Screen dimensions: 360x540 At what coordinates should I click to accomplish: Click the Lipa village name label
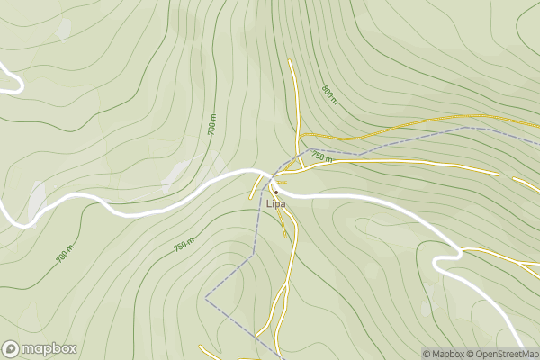coord(275,204)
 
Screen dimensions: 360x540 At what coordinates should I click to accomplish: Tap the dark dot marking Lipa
coord(276,192)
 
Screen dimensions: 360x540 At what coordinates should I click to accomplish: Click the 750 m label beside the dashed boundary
coord(321,157)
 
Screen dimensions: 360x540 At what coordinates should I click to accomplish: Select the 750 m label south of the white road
coord(183,246)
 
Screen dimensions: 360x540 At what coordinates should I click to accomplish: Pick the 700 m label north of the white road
coord(212,126)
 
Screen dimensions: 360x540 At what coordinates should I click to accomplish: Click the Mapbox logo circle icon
coord(11,348)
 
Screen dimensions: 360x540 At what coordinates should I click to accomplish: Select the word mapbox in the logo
coord(49,348)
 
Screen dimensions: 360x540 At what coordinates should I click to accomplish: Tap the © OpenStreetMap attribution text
coord(508,354)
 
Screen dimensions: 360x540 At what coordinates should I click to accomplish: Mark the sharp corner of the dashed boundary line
coord(206,295)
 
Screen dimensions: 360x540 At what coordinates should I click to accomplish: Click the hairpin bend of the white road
coord(438,263)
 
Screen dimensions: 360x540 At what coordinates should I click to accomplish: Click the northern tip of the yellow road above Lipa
coord(290,60)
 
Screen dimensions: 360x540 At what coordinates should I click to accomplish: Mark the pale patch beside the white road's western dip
coord(36,200)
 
